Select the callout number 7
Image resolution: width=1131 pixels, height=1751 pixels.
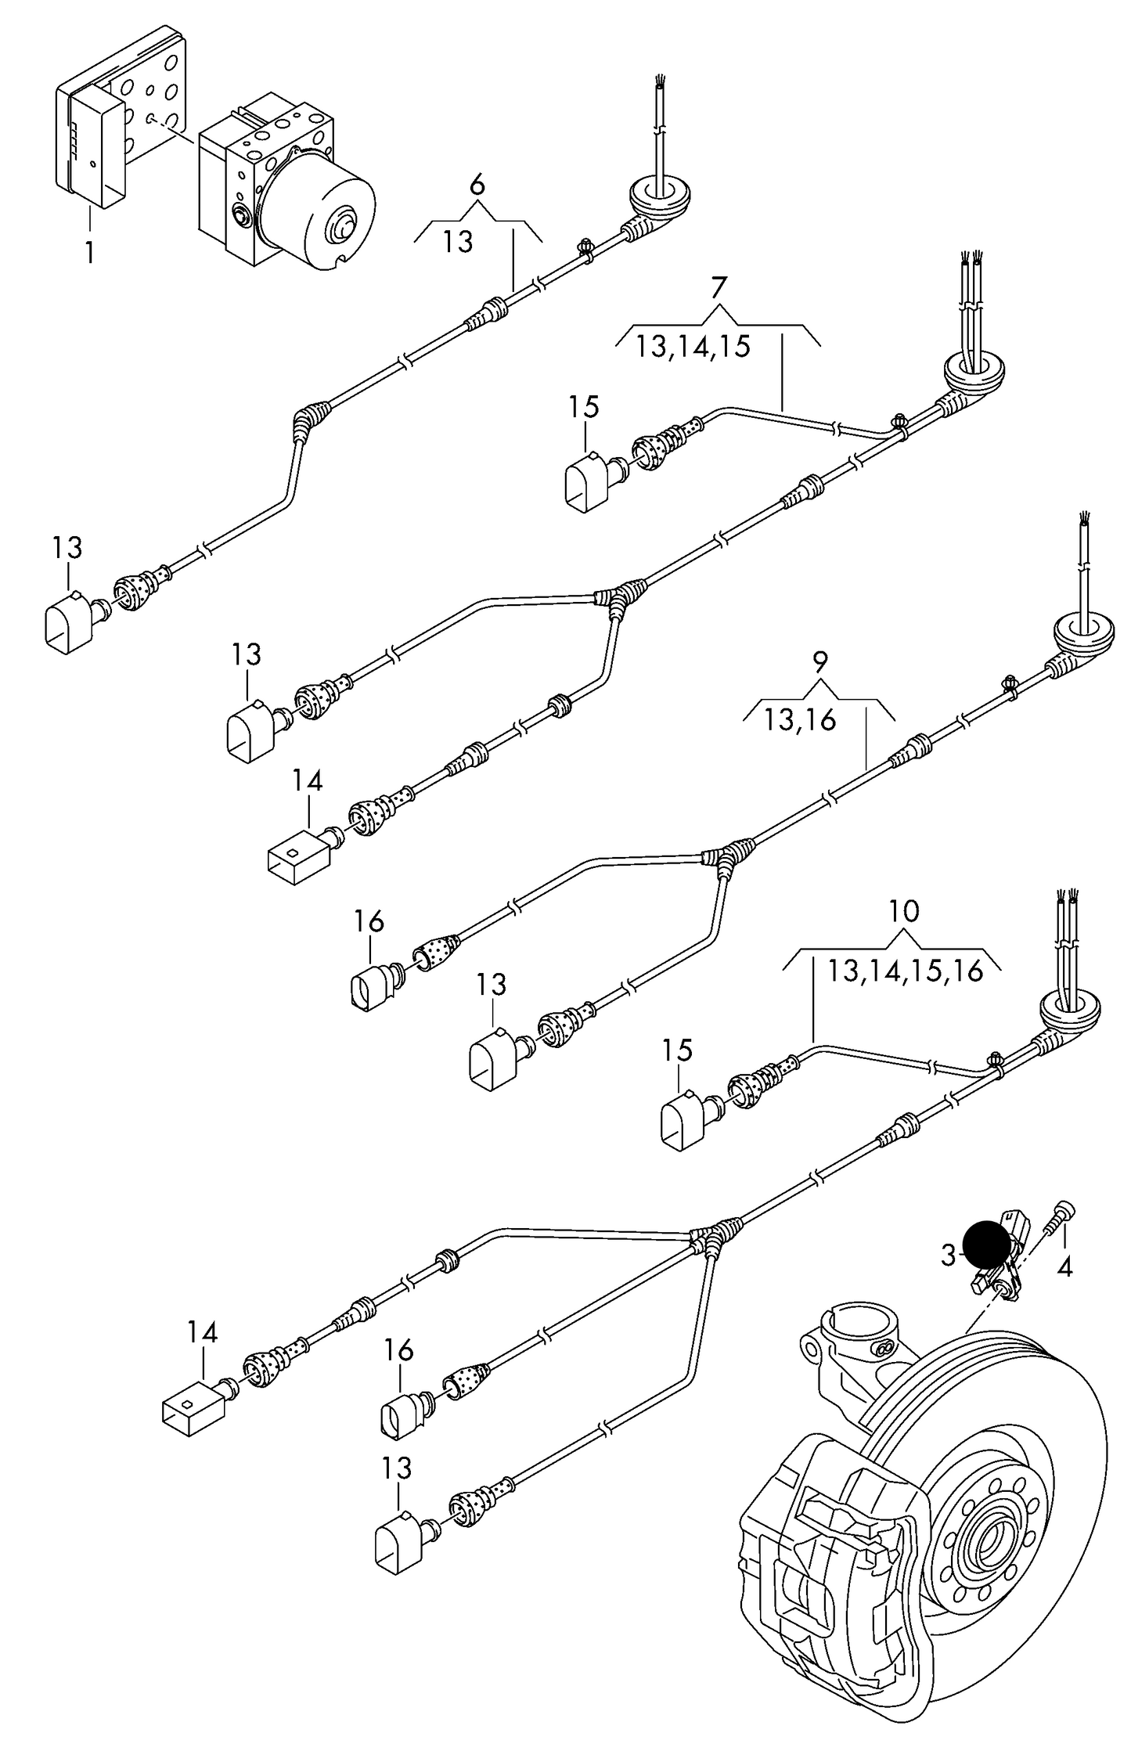[719, 287]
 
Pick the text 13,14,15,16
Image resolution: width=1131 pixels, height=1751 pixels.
[905, 971]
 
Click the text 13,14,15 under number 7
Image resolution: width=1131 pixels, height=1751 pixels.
[693, 346]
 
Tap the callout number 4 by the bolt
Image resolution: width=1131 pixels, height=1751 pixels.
[1064, 1266]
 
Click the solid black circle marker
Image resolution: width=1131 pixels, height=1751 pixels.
[987, 1244]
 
